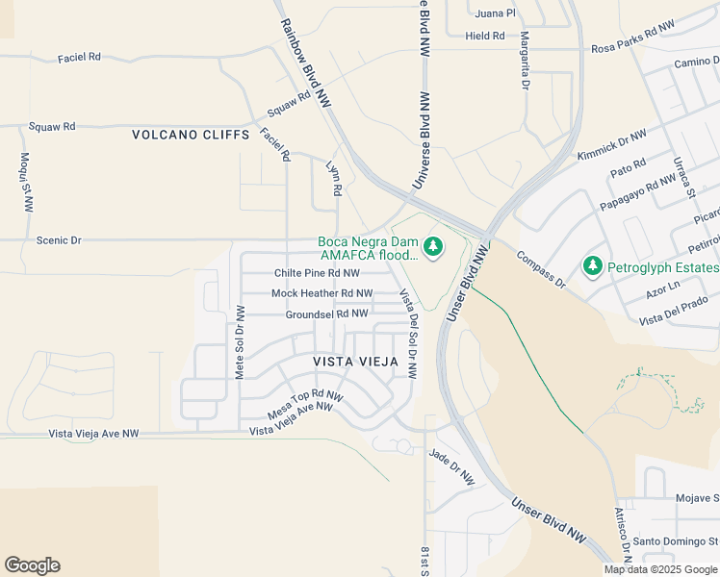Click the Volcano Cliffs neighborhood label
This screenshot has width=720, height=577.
(191, 136)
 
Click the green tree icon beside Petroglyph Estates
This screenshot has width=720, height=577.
(593, 265)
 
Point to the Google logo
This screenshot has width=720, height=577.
(32, 565)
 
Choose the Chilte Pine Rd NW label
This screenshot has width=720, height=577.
(317, 273)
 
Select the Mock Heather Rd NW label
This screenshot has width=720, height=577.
(321, 293)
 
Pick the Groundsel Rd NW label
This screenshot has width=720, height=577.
(326, 314)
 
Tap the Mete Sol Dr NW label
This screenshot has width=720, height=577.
(241, 342)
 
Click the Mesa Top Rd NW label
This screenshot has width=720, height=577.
(305, 404)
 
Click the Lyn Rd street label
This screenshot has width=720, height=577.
(334, 179)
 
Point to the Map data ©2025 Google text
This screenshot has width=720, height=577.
(660, 568)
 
